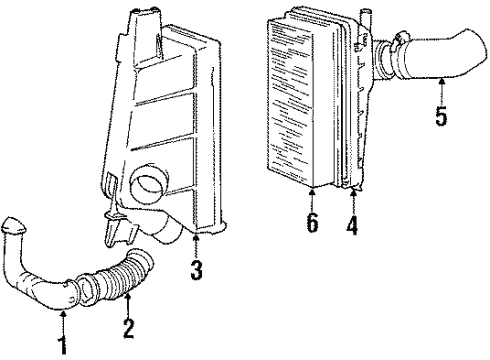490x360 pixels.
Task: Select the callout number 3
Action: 196,269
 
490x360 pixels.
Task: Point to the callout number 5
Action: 441,116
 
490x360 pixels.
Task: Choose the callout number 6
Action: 313,224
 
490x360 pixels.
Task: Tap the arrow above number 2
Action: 128,300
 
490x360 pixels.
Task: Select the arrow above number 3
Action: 196,245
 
